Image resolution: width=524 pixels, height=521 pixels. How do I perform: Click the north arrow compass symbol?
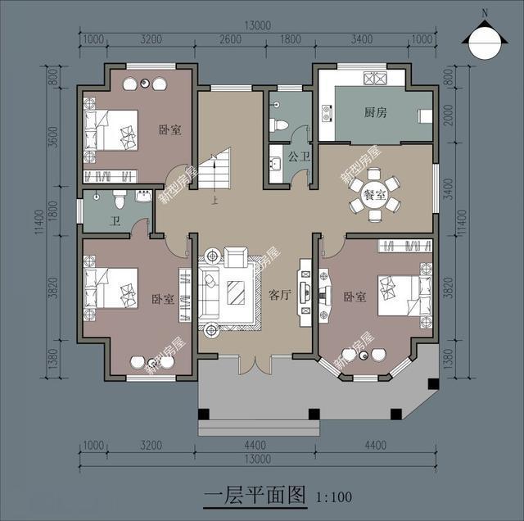[x=483, y=39]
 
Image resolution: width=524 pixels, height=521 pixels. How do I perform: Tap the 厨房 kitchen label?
[x=374, y=113]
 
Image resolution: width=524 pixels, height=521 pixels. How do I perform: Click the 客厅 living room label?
[x=280, y=295]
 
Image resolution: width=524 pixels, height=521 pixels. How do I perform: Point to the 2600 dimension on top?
[x=231, y=39]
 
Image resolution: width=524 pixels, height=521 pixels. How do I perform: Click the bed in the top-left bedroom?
[x=111, y=129]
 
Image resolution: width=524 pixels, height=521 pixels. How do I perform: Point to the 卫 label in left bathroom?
[x=115, y=220]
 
